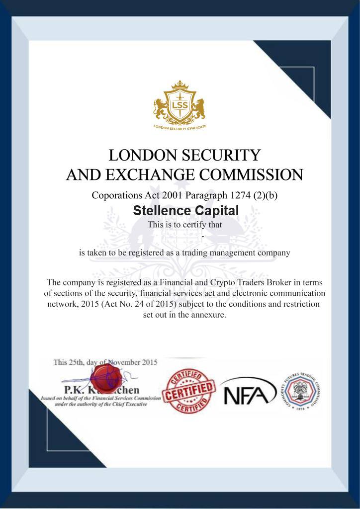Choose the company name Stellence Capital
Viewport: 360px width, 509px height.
[x=186, y=211]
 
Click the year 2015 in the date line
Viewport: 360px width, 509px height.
[x=147, y=362]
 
